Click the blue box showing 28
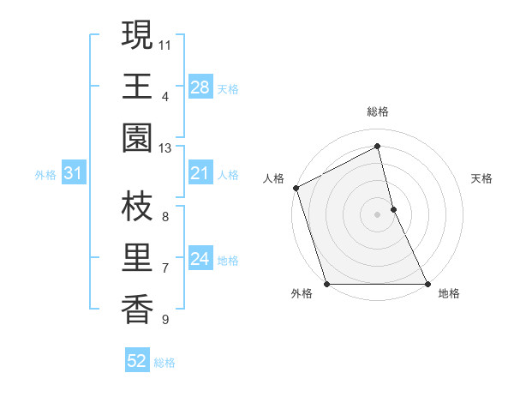tap(200, 87)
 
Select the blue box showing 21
tap(200, 173)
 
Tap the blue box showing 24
tap(200, 259)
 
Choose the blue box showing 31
tap(73, 173)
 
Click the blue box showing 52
tap(136, 362)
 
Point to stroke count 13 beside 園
tap(165, 148)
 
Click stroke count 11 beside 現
tap(165, 44)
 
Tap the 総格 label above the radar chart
tap(378, 111)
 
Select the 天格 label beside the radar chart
tap(482, 178)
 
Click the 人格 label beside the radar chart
tap(274, 178)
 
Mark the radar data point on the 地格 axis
tap(427, 284)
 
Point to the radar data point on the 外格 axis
tap(326, 284)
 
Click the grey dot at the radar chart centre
tap(378, 214)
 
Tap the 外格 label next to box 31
tap(45, 174)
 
